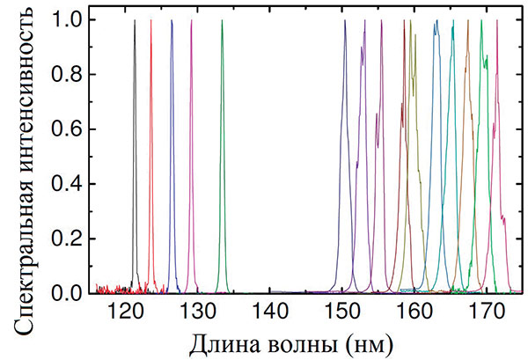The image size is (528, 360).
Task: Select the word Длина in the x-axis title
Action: pos(234,339)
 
